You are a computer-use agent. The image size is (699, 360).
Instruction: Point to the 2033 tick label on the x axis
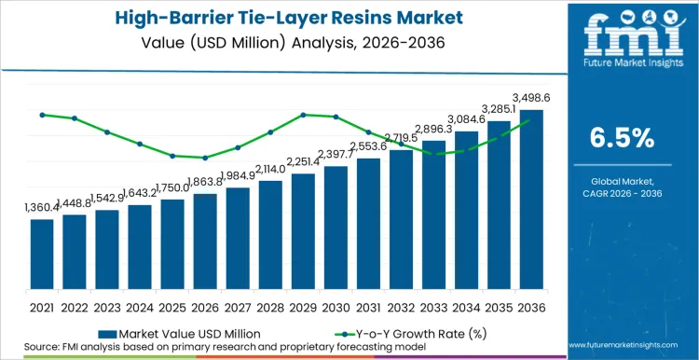pyautogui.click(x=433, y=307)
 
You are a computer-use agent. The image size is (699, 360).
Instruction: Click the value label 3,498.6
pyautogui.click(x=530, y=96)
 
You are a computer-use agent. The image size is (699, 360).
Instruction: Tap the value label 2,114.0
pyautogui.click(x=270, y=169)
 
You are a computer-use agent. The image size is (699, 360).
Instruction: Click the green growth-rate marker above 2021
pyautogui.click(x=42, y=115)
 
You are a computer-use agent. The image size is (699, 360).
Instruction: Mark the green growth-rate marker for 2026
pyautogui.click(x=205, y=158)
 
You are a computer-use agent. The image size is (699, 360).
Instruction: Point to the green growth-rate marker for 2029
pyautogui.click(x=303, y=115)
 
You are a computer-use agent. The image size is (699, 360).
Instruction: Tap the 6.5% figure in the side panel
pyautogui.click(x=622, y=137)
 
